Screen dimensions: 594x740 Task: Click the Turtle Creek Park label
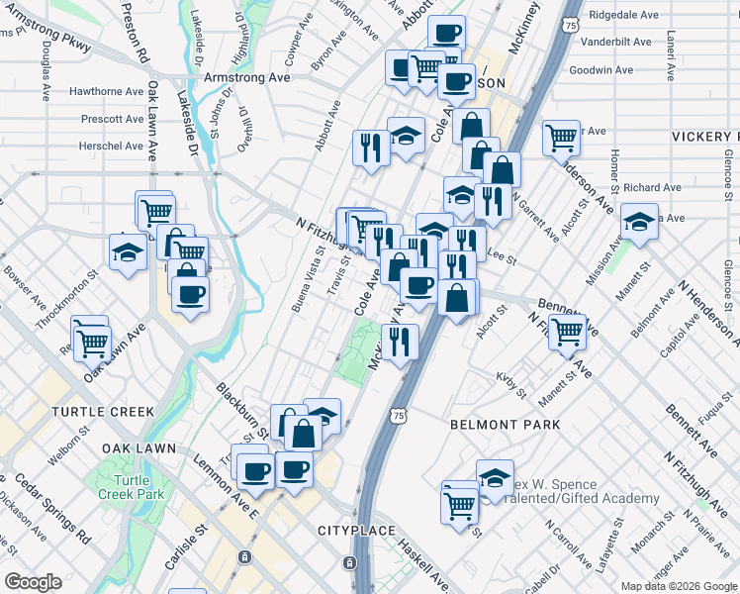131,486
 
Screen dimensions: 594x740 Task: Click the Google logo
33,582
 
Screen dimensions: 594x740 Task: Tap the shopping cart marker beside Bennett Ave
567,332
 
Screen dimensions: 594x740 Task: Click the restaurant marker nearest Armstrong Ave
371,148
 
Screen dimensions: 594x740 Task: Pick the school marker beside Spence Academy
494,478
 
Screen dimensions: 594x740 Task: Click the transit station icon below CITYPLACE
349,563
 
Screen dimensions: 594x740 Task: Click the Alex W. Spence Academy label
584,491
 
